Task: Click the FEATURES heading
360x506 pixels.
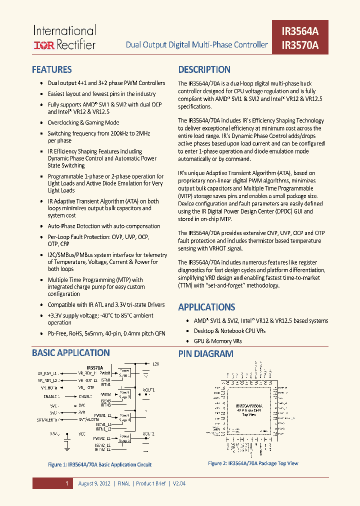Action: coord(52,70)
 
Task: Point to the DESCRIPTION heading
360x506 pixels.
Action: coord(204,70)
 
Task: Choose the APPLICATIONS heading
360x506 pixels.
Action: coord(206,307)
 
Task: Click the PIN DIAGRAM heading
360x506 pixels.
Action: coord(205,354)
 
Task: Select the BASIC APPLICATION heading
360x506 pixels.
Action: coord(70,353)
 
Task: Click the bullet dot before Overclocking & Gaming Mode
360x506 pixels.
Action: coord(40,123)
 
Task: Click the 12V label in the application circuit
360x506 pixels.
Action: coord(155,364)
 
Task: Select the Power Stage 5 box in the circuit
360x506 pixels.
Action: coord(124,438)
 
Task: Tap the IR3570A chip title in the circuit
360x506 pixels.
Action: coord(94,367)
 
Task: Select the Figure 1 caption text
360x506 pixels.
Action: coord(99,464)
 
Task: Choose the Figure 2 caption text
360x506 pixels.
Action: coord(252,463)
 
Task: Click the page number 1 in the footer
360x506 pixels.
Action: coord(66,483)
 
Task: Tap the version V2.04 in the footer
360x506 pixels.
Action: coord(179,483)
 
